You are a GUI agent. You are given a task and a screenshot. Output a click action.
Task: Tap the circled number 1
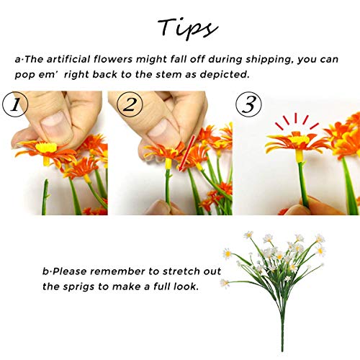16,105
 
